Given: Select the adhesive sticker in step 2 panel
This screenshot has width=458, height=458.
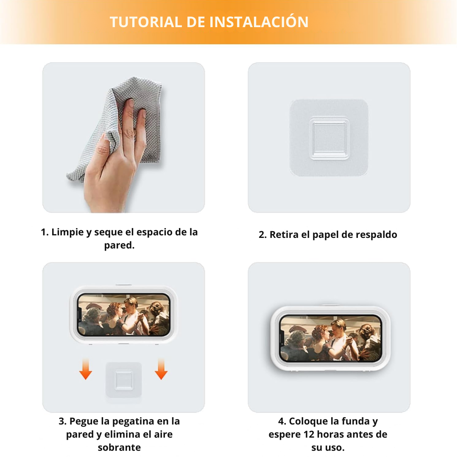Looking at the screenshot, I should tap(329, 138).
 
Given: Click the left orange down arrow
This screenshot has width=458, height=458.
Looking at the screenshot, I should tap(86, 369).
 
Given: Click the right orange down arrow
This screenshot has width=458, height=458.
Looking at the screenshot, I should tap(161, 369).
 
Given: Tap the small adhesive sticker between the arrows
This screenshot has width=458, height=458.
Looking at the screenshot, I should tap(123, 379).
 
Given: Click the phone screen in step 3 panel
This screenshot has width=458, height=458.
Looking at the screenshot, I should tap(123, 315).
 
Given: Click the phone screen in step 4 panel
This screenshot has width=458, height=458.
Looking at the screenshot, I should tap(330, 338).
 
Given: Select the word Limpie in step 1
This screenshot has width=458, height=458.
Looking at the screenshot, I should tap(67, 232).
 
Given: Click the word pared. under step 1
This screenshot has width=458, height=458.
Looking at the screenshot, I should tap(119, 246).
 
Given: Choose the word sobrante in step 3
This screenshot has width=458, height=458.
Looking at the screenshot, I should tap(119, 447).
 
